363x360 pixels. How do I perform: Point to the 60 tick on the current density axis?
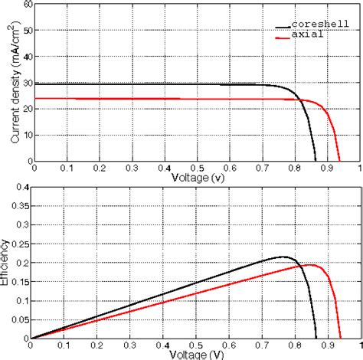coord(28,5)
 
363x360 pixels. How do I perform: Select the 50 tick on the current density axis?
coord(28,31)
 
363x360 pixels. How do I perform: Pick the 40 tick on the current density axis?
coord(28,57)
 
